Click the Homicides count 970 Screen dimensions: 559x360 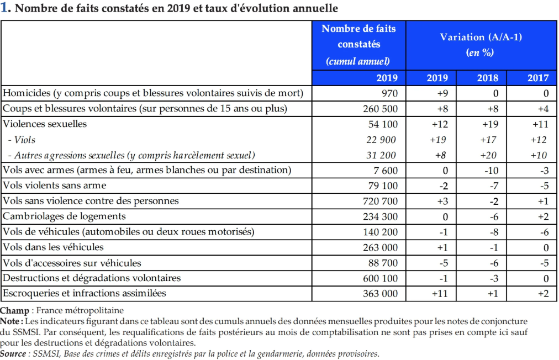[x=389, y=93]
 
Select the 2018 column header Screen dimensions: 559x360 [x=488, y=78]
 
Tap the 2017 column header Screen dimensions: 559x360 [x=538, y=78]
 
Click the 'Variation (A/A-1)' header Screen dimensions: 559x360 [x=481, y=37]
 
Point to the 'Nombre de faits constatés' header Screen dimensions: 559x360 [x=358, y=36]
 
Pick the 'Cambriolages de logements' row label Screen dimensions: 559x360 [x=64, y=216]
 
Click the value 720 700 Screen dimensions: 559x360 [x=380, y=201]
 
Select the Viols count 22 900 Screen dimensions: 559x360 [x=381, y=140]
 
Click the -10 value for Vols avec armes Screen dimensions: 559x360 [x=491, y=171]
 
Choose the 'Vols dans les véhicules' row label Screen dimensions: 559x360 [x=53, y=247]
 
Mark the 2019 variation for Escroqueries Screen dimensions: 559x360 [x=440, y=293]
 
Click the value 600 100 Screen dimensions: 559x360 [x=380, y=278]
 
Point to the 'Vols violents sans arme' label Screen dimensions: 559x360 [x=55, y=186]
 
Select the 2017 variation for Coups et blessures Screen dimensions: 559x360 [x=544, y=109]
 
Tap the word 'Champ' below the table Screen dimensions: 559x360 [x=14, y=311]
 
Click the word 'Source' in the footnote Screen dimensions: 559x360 [x=13, y=353]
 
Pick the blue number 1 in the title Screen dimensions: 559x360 [x=4, y=8]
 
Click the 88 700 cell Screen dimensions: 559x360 [x=383, y=263]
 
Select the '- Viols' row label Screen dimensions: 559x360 [x=22, y=140]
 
